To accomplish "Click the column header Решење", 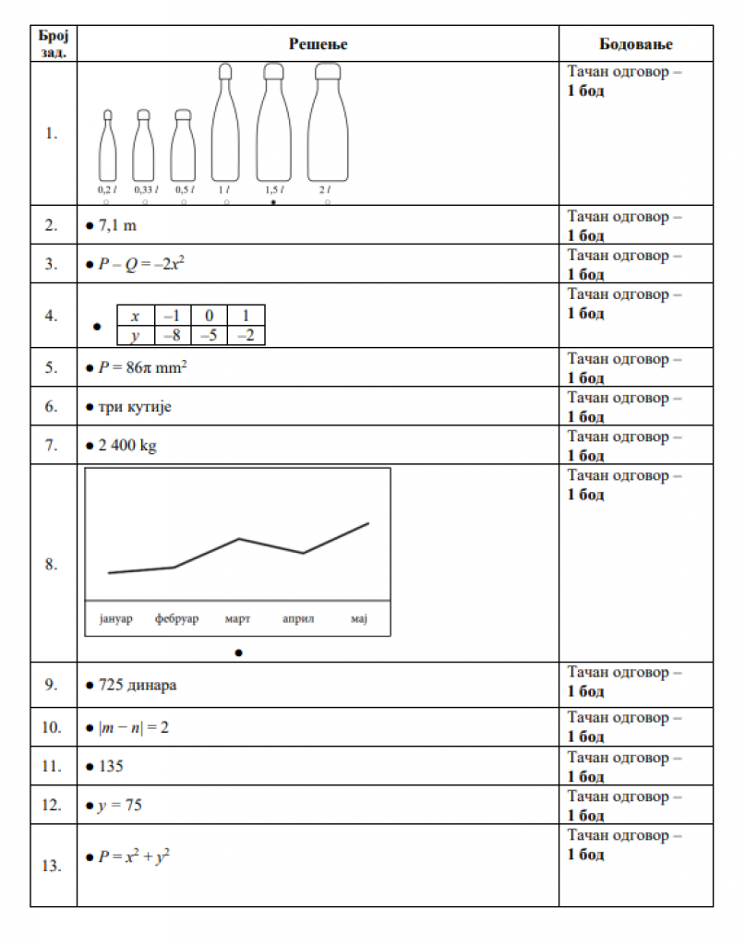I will [318, 43].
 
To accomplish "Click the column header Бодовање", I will [635, 43].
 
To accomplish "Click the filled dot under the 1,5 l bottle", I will [273, 201].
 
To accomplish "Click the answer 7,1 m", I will [117, 225].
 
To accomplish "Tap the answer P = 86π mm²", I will [144, 367].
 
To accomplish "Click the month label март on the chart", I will [238, 618].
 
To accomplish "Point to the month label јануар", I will [114, 618].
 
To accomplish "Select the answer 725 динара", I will [138, 686].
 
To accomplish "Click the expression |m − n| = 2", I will [134, 727].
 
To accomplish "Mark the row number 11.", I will [52, 766].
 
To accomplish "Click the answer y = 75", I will [120, 806].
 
